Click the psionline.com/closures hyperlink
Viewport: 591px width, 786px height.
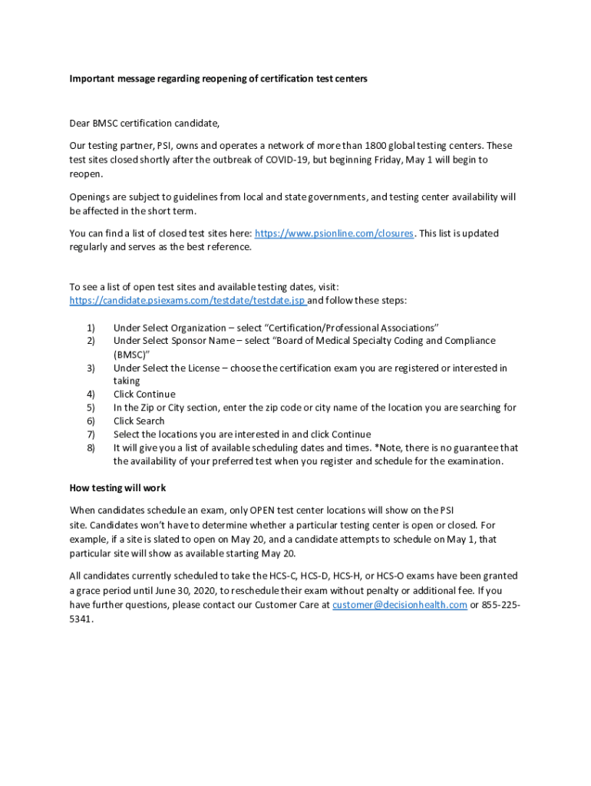point(334,233)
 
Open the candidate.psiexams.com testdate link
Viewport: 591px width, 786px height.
point(187,300)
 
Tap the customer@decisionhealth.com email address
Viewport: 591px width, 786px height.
point(400,605)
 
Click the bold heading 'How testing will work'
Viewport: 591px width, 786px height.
point(117,488)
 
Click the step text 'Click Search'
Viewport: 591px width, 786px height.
point(139,421)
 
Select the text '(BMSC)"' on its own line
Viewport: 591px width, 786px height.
point(131,354)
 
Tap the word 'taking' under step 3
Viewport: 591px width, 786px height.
point(127,381)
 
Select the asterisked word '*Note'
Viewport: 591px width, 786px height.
point(388,447)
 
